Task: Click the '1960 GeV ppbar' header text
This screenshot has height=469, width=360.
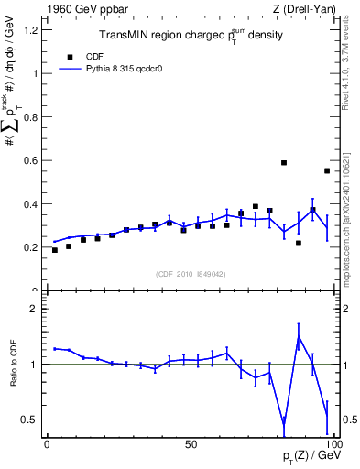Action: [82, 10]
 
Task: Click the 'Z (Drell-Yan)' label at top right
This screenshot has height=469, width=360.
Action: [305, 10]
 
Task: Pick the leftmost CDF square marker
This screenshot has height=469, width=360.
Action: [55, 250]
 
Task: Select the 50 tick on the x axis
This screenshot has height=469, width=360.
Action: [190, 444]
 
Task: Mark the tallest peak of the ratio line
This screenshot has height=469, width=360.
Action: [299, 337]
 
